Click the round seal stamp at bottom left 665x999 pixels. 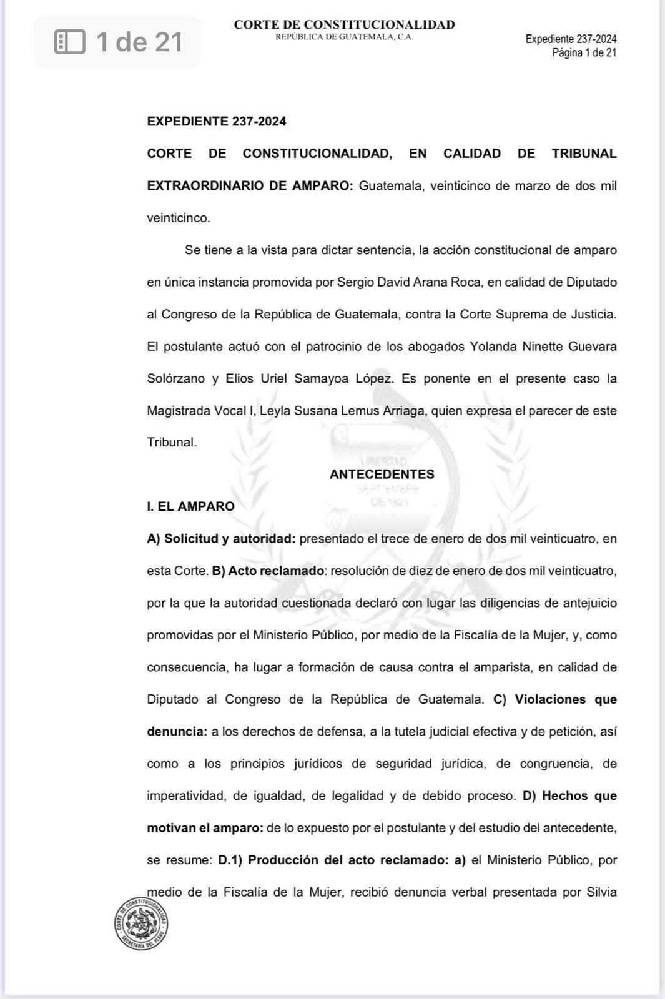coord(141,923)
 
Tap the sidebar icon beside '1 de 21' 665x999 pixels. coord(69,42)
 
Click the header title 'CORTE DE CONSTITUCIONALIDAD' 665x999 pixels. coord(344,25)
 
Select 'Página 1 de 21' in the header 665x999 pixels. coord(584,52)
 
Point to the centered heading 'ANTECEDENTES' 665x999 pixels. coord(382,474)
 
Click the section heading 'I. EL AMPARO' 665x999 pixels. coord(190,506)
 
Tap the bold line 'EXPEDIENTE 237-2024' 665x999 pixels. coord(216,122)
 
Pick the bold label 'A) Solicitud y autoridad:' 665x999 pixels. coord(221,539)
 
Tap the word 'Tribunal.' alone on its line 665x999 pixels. coord(172,442)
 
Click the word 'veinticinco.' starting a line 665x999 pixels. coord(179,218)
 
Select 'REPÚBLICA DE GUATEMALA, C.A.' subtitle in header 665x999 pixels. coord(344,37)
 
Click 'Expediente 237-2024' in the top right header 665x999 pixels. coord(571,39)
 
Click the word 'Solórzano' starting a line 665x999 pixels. coord(175,378)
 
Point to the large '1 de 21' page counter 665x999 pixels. coord(139,42)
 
